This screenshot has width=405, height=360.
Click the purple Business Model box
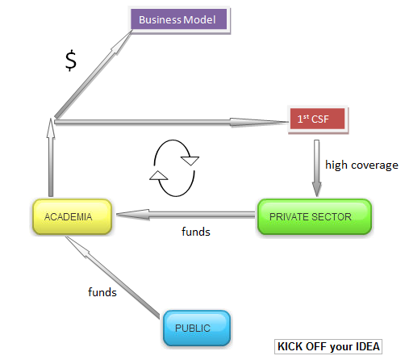(179, 19)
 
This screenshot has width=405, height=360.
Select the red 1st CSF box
(318, 119)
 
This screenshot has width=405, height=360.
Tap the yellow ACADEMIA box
(72, 216)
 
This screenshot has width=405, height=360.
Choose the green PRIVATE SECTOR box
(315, 216)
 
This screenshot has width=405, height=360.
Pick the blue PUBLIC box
(197, 328)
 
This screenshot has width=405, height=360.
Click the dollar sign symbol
(71, 61)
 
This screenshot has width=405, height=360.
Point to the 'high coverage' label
(361, 165)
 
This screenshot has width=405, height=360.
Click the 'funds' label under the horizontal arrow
(196, 232)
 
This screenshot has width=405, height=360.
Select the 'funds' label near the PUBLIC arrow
(102, 292)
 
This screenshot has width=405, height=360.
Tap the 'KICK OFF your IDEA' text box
(328, 346)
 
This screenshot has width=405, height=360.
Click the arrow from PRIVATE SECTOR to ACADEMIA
(186, 215)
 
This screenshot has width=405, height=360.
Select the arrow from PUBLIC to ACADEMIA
(112, 278)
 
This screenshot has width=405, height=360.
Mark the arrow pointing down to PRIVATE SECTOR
(317, 169)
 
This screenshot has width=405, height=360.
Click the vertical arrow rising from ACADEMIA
(51, 157)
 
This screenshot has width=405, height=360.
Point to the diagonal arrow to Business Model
(94, 74)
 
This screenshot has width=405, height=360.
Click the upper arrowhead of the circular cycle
(190, 161)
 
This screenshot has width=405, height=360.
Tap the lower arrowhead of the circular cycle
(159, 175)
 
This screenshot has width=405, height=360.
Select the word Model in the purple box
(200, 19)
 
